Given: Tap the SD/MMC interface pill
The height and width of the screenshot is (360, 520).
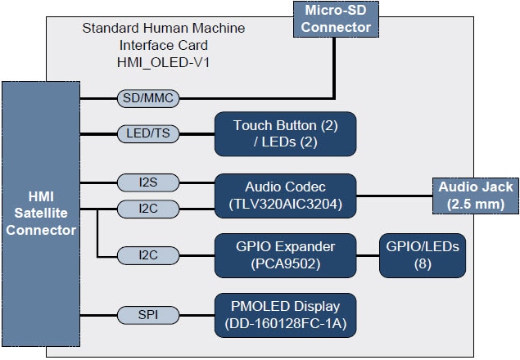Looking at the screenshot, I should tap(148, 98).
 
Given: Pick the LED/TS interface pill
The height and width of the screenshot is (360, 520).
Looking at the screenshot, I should tap(148, 133).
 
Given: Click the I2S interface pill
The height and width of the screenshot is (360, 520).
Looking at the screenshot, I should tap(148, 182).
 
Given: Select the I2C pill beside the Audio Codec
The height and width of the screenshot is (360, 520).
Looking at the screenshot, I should tap(148, 209).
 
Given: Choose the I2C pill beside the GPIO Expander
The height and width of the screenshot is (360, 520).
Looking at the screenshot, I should tap(148, 255).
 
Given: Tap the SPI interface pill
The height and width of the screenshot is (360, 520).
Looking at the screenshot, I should tap(148, 314).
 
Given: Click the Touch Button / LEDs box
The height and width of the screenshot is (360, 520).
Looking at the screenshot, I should tap(285, 133).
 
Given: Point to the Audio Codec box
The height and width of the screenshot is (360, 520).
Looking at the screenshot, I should tap(285, 195).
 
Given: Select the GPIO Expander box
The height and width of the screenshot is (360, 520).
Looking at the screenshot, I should tap(285, 255).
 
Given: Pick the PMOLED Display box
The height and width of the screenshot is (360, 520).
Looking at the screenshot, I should tap(285, 314).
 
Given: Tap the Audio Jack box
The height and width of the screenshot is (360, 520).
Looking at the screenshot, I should tap(475, 195).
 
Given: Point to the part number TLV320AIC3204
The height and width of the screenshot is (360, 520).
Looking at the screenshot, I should tap(285, 204).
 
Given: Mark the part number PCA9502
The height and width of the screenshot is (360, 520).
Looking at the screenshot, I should tap(285, 264).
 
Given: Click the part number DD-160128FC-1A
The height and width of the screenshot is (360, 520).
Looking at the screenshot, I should tap(285, 323).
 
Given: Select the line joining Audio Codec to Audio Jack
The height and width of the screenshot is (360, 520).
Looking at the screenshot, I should tap(394, 196).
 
